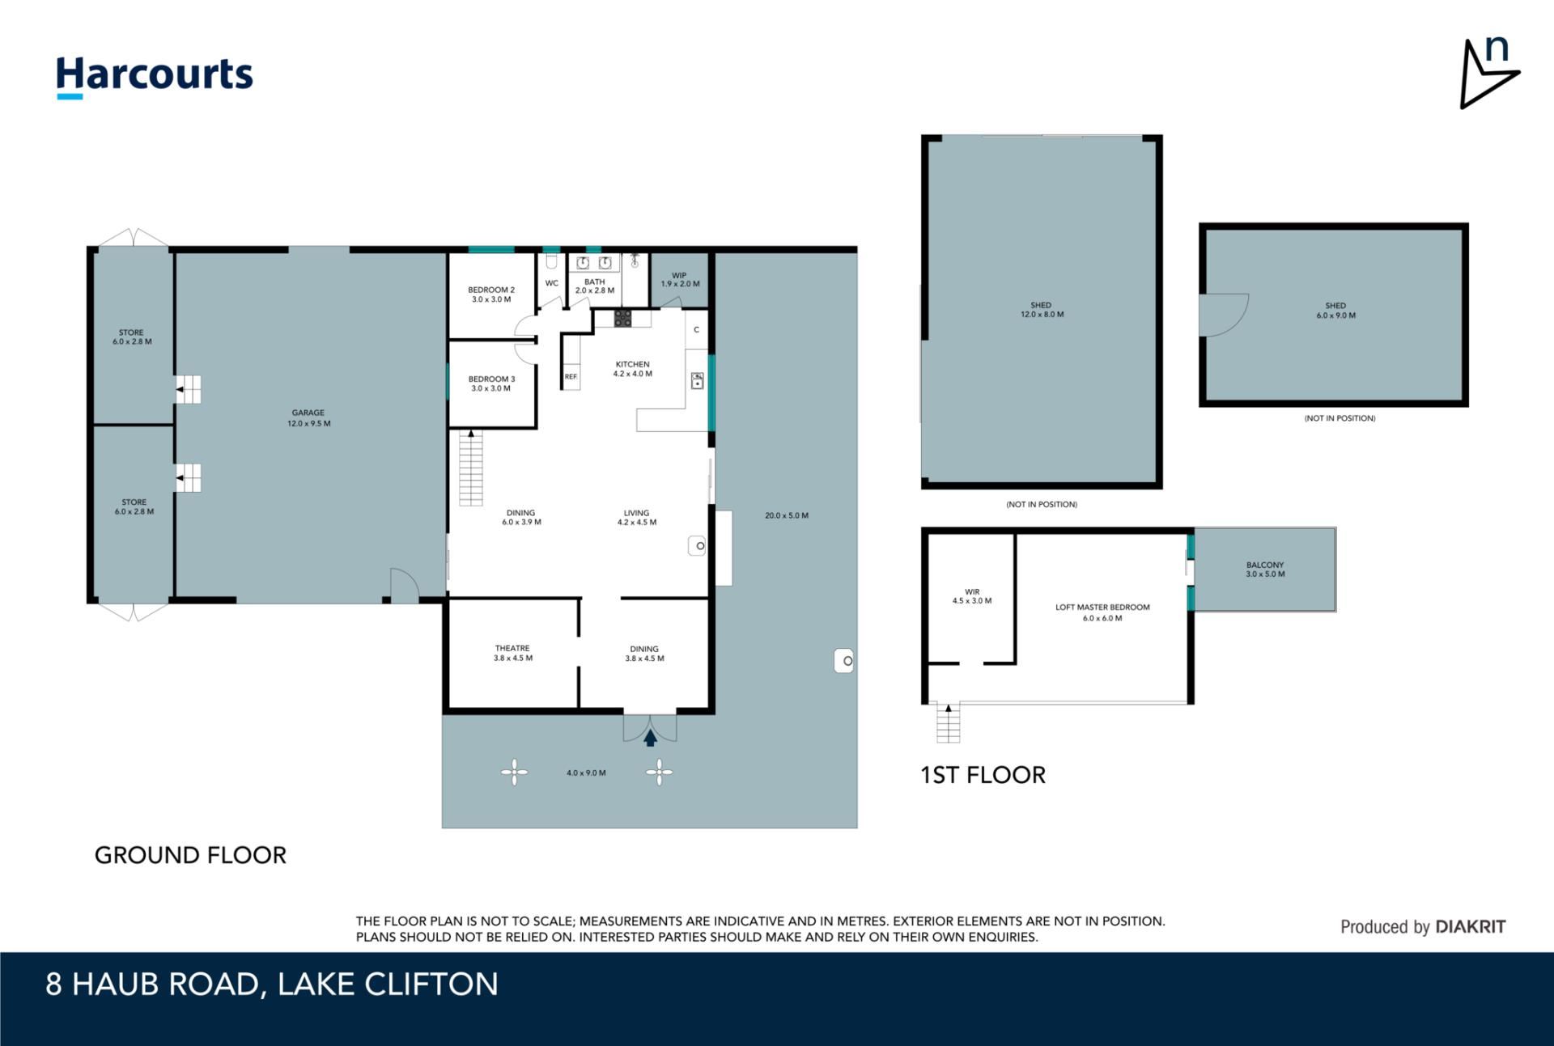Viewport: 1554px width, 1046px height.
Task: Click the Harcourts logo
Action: [155, 78]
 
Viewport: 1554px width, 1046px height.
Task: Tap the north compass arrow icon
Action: [1488, 73]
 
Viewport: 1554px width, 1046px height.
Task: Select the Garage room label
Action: [308, 418]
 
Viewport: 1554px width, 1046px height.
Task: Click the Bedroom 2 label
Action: [491, 294]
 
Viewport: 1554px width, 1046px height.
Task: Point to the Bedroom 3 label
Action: [491, 383]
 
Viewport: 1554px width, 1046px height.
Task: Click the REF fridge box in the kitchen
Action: [571, 377]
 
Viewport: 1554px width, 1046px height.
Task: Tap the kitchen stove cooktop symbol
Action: [622, 318]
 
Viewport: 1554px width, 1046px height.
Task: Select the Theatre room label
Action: [513, 653]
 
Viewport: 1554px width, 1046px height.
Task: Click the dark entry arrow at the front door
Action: [650, 738]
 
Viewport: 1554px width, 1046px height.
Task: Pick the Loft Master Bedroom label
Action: [1102, 612]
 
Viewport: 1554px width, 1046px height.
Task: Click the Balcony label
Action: [1265, 570]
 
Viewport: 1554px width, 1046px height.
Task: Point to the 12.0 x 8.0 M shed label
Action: [1042, 310]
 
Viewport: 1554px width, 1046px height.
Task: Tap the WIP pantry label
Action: [680, 280]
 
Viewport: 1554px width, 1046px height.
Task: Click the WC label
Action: [552, 283]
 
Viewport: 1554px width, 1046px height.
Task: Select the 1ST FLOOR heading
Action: [983, 775]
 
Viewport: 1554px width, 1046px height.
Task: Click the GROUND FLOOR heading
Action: [190, 855]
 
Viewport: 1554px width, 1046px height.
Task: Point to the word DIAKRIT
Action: [1471, 927]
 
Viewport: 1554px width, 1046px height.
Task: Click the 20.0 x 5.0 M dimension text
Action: [787, 515]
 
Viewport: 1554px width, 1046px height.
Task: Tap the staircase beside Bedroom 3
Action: [471, 468]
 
